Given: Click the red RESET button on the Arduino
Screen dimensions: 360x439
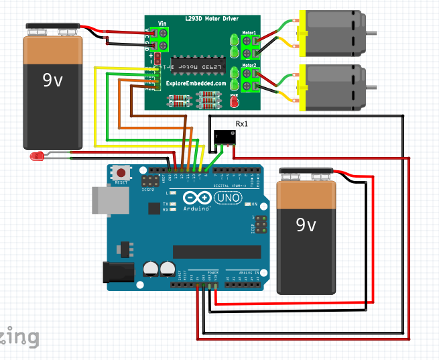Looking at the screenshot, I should [122, 171].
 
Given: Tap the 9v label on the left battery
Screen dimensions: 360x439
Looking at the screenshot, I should [52, 80].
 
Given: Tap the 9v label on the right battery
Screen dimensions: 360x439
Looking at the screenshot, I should [306, 224].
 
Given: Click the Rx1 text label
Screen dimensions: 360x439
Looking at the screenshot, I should [242, 123].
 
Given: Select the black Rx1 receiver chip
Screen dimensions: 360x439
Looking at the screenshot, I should [225, 137].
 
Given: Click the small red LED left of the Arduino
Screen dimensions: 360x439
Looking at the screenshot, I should [37, 156].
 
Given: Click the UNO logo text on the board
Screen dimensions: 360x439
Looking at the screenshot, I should [223, 198].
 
